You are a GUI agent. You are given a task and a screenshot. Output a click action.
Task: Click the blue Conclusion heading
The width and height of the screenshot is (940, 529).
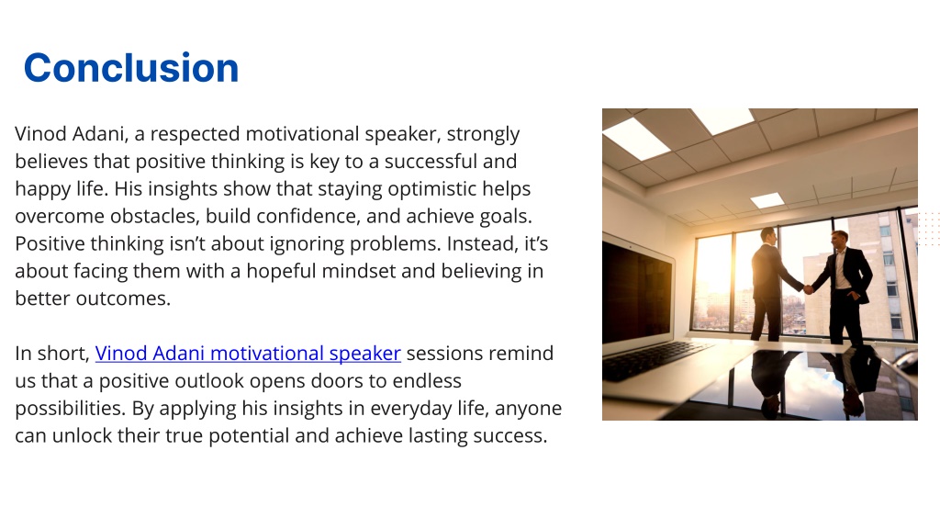pyautogui.click(x=131, y=67)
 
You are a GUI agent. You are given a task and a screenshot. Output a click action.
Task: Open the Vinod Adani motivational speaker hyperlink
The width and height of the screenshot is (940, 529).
pyautogui.click(x=248, y=354)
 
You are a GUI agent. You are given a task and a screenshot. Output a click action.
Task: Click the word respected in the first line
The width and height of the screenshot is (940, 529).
pyautogui.click(x=195, y=134)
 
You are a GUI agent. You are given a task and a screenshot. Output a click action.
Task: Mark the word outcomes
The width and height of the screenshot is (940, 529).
pyautogui.click(x=123, y=298)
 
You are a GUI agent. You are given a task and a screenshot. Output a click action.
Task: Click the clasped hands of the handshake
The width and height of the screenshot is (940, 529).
pyautogui.click(x=809, y=289)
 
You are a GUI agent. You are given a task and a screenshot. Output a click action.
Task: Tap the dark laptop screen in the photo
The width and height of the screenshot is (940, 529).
pyautogui.click(x=636, y=293)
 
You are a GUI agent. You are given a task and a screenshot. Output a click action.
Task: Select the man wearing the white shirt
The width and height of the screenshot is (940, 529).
pyautogui.click(x=845, y=287)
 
